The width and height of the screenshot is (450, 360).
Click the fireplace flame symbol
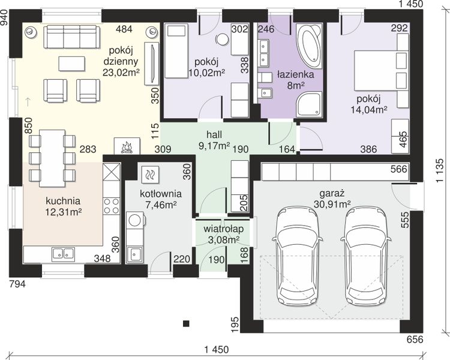pos(127,147)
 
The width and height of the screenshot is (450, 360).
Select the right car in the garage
pos(365,256)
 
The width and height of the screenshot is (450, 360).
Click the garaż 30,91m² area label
pos(332,199)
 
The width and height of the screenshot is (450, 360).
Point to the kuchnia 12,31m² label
pos(63,206)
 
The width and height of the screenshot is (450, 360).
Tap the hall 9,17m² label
pos(214,140)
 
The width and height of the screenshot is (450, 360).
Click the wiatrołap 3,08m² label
pos(224,234)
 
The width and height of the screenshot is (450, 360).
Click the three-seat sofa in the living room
pos(72,37)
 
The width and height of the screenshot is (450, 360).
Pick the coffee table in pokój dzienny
pos(72,64)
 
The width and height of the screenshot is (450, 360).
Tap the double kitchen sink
pos(64,254)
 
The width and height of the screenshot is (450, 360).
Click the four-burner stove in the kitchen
pos(112,206)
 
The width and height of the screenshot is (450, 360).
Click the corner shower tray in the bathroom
pos(310,104)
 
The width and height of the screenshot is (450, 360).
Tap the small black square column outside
pos(186,323)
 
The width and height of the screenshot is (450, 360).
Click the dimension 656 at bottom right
pos(415,340)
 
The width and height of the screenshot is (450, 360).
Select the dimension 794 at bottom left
pos(17,284)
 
